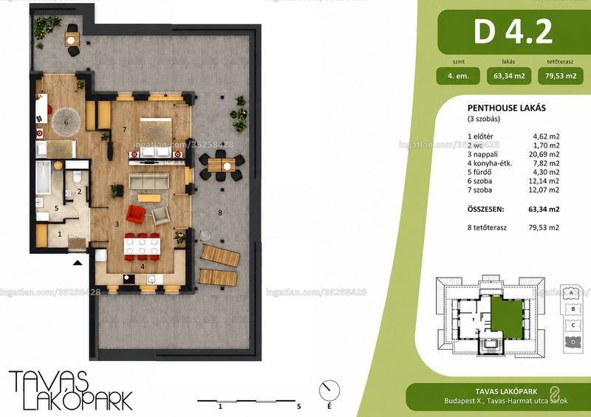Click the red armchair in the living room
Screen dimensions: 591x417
coord(135,214)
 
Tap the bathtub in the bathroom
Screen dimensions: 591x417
coord(43,177)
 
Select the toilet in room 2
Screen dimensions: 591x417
coord(77,175)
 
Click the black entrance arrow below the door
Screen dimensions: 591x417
coord(78,263)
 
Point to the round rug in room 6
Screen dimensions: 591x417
coord(66,122)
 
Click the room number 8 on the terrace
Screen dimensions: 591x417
coord(220,213)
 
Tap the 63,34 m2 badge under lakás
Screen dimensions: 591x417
coord(509,76)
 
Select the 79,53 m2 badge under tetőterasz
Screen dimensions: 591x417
coord(561,76)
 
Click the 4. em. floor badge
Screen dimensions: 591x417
coord(458,76)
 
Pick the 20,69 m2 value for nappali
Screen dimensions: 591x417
coord(544,154)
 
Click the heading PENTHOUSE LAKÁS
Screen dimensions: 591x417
coord(507,108)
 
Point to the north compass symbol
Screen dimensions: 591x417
coord(329,390)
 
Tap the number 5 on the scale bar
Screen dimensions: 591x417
coord(298,407)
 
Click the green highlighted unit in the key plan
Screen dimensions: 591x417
coord(506,316)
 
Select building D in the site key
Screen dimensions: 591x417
coord(573,342)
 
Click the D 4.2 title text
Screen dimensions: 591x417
coord(513,32)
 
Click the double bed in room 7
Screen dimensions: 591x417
coord(156,137)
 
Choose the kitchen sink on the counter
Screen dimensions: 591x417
coord(153,279)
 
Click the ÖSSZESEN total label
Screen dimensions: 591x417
coord(485,210)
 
